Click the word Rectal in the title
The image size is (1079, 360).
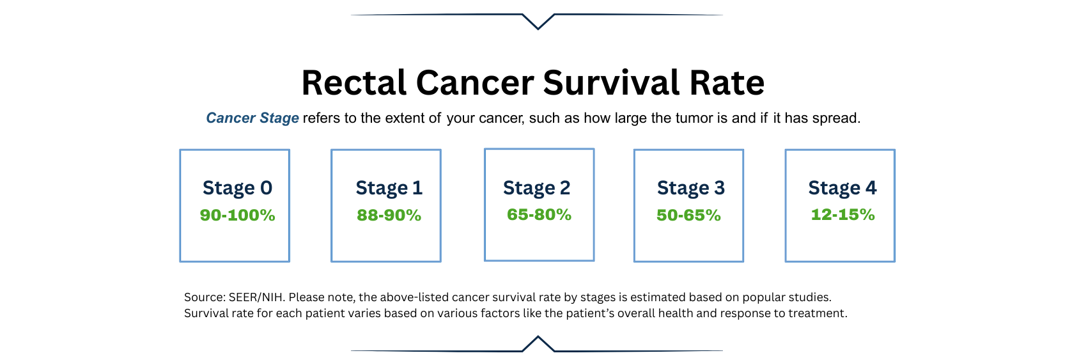tap(354, 82)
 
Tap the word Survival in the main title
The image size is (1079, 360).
tap(611, 82)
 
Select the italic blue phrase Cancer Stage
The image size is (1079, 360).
tap(252, 118)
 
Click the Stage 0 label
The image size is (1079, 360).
tap(238, 188)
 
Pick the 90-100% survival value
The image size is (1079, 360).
tap(238, 215)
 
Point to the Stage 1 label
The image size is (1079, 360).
tap(389, 188)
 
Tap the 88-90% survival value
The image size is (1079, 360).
tap(389, 215)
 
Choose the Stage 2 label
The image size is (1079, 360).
tap(536, 188)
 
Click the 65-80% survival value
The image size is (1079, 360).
tap(539, 214)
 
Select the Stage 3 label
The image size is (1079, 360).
tap(691, 188)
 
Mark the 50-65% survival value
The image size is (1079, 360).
tap(689, 215)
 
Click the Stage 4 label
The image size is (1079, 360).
tap(842, 188)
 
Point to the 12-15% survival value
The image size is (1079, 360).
tap(843, 214)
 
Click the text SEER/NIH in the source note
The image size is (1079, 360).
tap(255, 297)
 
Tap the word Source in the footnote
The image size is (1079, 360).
tap(205, 297)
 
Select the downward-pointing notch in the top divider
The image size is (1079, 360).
tap(538, 22)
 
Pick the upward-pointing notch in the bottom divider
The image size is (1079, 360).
tap(538, 343)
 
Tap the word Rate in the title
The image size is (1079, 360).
tap(727, 82)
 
